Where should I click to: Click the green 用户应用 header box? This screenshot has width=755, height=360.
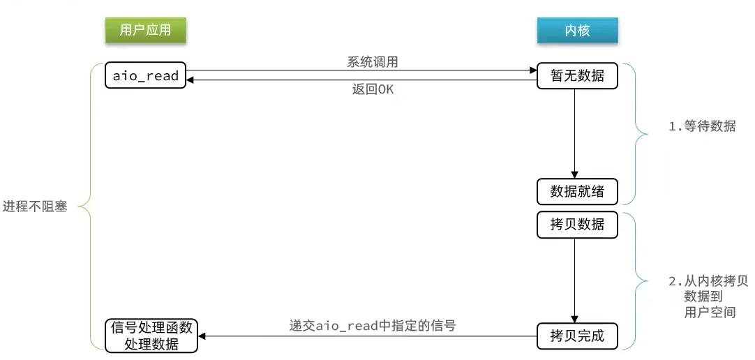[145, 30]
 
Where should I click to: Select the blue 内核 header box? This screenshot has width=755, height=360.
[577, 31]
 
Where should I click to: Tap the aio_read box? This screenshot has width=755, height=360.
[146, 76]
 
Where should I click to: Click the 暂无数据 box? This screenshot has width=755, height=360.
[577, 76]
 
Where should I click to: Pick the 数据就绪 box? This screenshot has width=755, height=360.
[577, 191]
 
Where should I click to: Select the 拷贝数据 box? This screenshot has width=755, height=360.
[577, 225]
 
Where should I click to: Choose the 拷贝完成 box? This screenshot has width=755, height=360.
[577, 337]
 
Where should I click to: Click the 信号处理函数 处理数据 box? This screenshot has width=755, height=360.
[151, 336]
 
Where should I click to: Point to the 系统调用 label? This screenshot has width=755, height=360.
[373, 61]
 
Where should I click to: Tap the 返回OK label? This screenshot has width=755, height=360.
[373, 90]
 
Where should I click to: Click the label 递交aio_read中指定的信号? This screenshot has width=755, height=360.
[373, 325]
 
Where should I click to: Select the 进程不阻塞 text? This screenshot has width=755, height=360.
[35, 207]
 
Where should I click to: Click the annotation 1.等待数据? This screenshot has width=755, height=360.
[702, 127]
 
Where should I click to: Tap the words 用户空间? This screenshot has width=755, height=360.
[710, 312]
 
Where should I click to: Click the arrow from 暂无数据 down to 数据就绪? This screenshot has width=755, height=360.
[574, 133]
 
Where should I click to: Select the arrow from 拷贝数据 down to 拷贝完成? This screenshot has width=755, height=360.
[574, 279]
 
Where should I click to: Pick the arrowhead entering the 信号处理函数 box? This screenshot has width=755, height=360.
[204, 336]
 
